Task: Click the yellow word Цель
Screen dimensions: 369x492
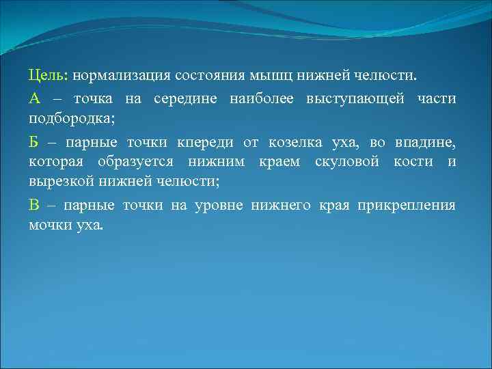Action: (x=48, y=73)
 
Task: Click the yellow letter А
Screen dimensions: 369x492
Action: (x=35, y=99)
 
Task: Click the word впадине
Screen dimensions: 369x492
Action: (x=425, y=142)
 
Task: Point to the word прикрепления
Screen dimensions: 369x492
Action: (x=413, y=205)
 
